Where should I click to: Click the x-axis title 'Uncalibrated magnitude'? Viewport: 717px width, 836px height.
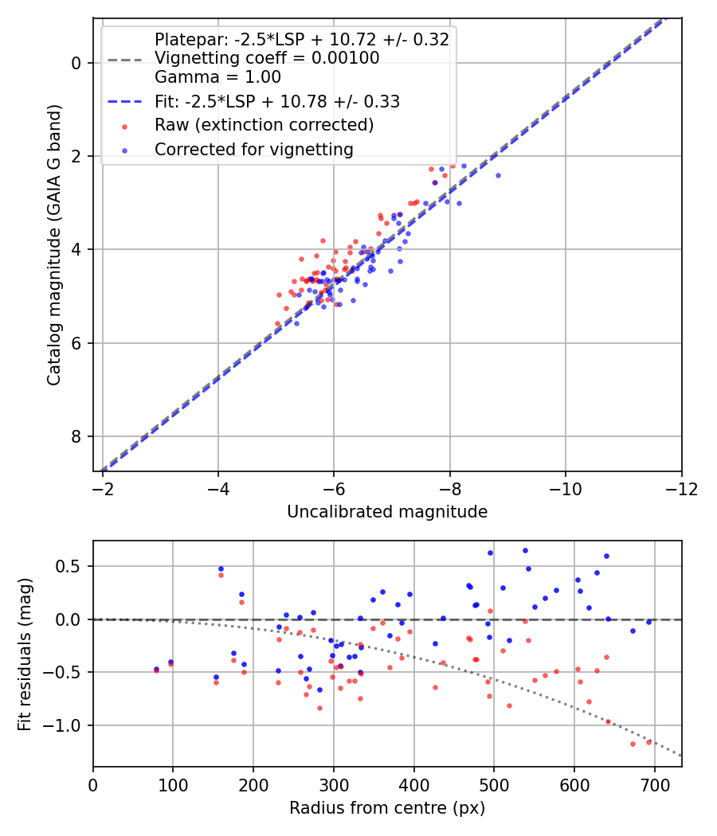pos(386,512)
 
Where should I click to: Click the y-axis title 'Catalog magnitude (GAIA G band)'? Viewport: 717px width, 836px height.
pos(54,244)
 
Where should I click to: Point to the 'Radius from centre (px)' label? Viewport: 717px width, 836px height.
pos(386,808)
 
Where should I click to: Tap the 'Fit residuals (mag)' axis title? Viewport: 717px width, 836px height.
pos(25,654)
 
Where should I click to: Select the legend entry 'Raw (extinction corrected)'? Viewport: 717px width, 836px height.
pos(264,125)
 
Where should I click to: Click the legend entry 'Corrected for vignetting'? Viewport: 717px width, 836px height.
pos(254,150)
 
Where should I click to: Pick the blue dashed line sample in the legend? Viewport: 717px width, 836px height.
pos(125,101)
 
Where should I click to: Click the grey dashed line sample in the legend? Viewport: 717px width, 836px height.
pos(125,60)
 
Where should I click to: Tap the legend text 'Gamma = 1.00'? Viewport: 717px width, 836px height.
pos(217,77)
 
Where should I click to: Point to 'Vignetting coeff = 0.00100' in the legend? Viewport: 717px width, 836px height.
pos(267,57)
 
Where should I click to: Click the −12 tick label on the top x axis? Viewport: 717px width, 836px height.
pos(681,489)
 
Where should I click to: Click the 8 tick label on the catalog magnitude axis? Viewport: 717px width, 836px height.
pos(76,436)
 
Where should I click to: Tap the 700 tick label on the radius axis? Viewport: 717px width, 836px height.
pos(654,785)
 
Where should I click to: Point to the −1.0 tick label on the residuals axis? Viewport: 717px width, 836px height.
pos(61,725)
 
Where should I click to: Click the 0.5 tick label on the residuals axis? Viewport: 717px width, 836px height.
pos(69,566)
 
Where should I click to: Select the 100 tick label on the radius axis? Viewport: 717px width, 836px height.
pos(173,785)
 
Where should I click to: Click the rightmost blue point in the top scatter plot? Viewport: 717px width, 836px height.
pos(498,175)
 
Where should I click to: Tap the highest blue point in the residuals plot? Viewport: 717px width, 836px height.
pos(525,551)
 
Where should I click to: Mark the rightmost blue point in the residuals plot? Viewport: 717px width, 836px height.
pos(648,622)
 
